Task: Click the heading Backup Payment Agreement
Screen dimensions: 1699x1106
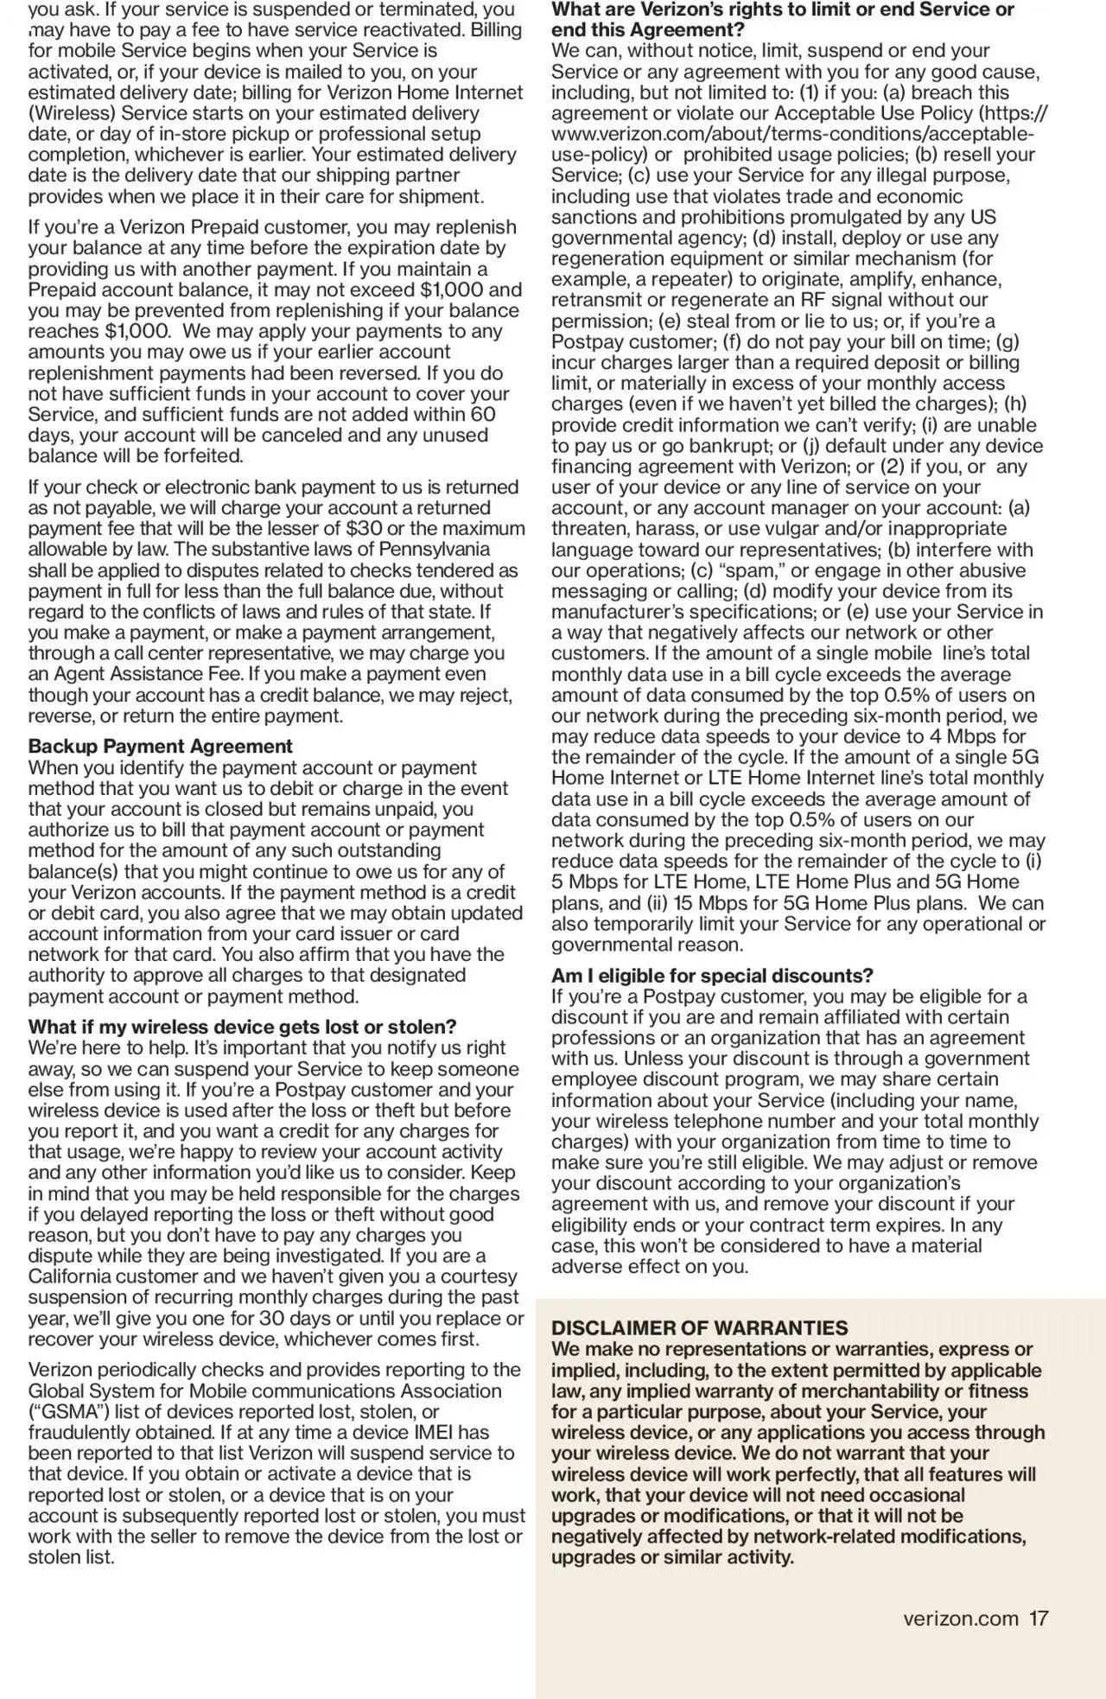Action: pyautogui.click(x=160, y=746)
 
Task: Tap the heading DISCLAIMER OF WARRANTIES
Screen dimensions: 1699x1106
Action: pyautogui.click(x=699, y=1327)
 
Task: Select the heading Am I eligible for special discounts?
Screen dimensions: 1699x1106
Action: pyautogui.click(x=712, y=976)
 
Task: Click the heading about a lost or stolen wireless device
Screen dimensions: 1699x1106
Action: pyautogui.click(x=242, y=1027)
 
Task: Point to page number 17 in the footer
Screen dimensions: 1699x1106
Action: pyautogui.click(x=1039, y=1618)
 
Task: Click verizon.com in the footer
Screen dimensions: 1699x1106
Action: pyautogui.click(x=960, y=1618)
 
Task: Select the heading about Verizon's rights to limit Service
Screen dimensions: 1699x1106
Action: pyautogui.click(x=782, y=19)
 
